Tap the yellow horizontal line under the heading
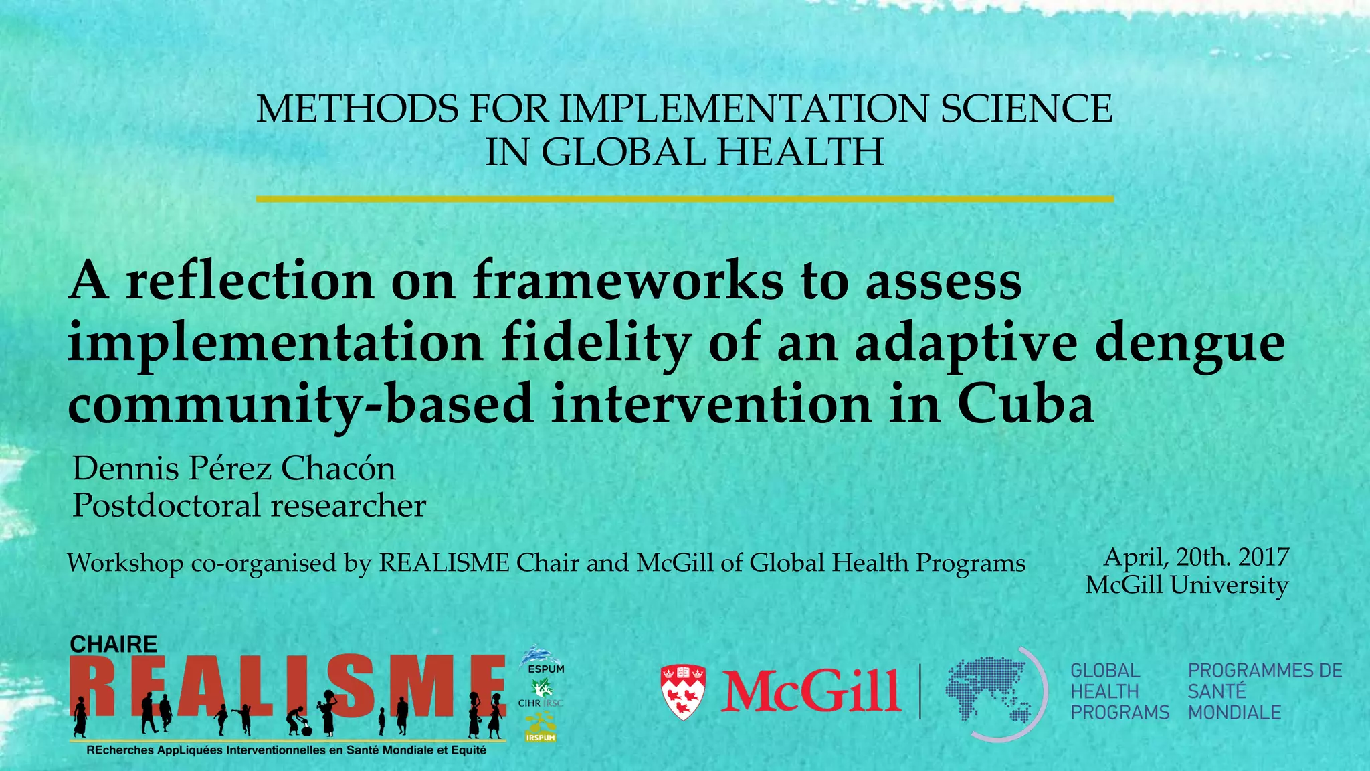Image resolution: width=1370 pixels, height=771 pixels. tap(684, 199)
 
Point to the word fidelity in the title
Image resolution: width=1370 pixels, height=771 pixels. tap(595, 343)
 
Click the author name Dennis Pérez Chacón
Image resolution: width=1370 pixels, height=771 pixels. tap(234, 468)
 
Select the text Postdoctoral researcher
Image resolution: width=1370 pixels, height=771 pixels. tap(249, 505)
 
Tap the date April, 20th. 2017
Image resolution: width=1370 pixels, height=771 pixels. tap(1196, 557)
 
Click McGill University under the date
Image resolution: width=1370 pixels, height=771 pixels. tap(1187, 585)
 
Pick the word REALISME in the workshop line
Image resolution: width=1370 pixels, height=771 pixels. tap(444, 563)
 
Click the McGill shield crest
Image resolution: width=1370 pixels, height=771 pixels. tap(683, 691)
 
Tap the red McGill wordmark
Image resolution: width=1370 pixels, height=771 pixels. tap(811, 691)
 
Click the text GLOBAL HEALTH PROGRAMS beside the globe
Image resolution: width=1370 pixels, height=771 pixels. tap(1118, 691)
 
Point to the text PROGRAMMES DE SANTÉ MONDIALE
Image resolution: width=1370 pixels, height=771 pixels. tap(1264, 691)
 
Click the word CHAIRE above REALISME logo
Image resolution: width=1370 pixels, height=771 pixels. tap(114, 645)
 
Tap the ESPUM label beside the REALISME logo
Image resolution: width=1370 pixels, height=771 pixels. tap(546, 669)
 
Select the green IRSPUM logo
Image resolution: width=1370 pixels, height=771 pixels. tap(541, 729)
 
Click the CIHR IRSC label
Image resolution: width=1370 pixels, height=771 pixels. tap(541, 703)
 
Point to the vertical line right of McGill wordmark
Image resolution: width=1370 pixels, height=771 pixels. tap(920, 691)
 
